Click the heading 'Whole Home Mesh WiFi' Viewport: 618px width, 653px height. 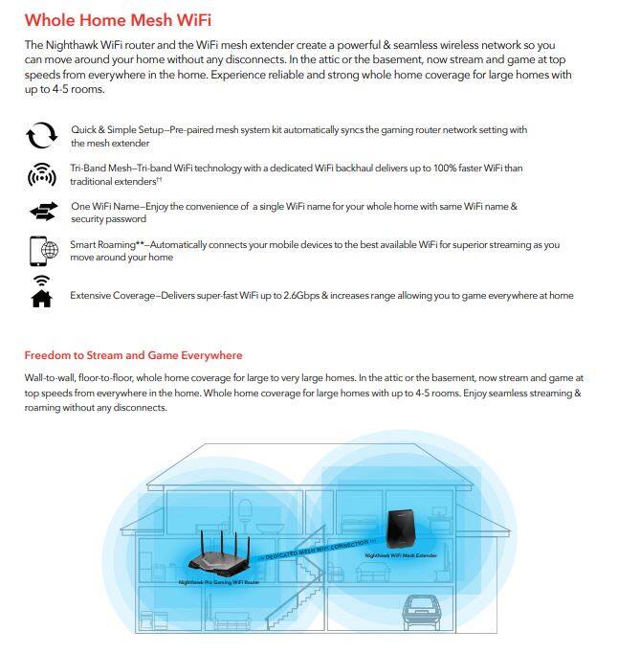click(x=118, y=19)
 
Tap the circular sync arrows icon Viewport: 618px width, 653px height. click(x=41, y=137)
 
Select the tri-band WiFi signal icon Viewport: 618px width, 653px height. click(x=41, y=175)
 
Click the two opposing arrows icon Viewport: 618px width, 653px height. click(x=42, y=213)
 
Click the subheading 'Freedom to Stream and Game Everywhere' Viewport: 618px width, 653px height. click(x=133, y=355)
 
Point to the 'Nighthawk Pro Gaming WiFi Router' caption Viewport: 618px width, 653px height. click(x=220, y=582)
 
